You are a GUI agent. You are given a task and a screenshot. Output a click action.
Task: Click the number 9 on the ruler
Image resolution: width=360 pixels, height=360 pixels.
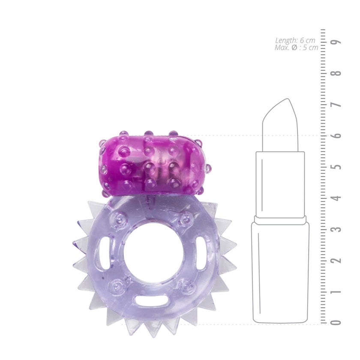336,42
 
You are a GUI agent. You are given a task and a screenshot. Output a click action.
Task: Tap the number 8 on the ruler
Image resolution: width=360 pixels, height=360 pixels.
336,73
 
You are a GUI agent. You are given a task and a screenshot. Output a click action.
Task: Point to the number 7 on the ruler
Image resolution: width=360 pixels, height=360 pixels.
336,105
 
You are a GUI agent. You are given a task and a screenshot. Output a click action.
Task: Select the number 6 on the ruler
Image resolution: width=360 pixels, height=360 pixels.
336,135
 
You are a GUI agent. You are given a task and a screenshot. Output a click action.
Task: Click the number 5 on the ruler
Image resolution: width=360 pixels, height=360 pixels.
336,166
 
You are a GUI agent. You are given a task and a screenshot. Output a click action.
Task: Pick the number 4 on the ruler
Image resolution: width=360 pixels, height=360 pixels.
336,198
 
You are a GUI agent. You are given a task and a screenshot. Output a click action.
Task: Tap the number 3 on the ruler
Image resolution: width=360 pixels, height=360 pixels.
336,229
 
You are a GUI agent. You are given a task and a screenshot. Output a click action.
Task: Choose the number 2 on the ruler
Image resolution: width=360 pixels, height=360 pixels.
336,260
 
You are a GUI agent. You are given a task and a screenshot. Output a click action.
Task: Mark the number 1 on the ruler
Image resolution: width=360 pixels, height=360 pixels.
336,291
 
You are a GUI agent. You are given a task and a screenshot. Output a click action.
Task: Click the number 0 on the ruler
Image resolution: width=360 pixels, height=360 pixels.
336,322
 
